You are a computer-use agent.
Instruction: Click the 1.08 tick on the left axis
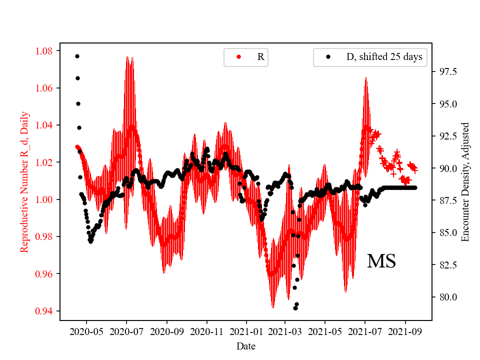point(45,51)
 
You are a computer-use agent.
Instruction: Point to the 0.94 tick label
point(45,311)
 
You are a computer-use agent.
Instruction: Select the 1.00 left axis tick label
point(45,199)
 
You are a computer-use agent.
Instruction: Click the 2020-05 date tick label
point(86,331)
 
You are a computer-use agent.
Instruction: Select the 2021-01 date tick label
point(245,331)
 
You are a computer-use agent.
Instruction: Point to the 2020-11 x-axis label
point(206,331)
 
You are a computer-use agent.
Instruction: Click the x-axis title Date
point(245,345)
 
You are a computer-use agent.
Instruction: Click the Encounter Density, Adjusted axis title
point(465,182)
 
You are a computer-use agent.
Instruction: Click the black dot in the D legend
point(328,57)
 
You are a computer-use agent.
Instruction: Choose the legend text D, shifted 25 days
point(384,57)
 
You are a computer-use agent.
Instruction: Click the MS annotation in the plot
point(381,261)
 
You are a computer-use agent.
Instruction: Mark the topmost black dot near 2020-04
point(77,56)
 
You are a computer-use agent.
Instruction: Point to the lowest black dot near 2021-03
point(295,308)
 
